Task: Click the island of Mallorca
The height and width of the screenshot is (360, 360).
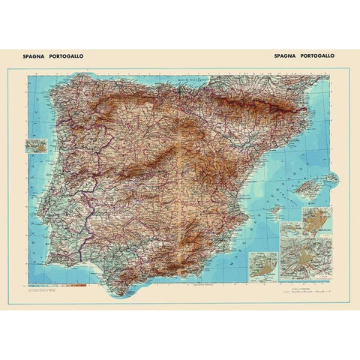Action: [308, 187]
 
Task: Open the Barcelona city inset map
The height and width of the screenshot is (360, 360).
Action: [315, 220]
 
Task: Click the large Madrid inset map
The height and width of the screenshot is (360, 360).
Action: [304, 257]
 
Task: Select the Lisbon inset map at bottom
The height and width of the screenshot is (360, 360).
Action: [263, 265]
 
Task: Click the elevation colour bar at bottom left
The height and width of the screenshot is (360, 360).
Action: [71, 284]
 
